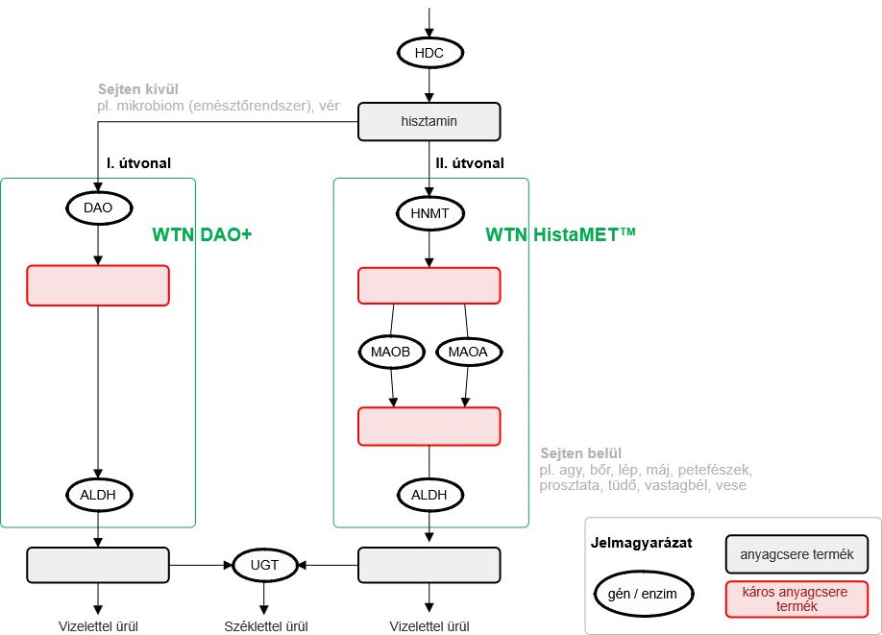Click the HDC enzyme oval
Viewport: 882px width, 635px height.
[429, 53]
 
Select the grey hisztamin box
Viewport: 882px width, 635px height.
[429, 122]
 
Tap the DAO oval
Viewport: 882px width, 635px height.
[98, 208]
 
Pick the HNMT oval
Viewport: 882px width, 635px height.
[429, 213]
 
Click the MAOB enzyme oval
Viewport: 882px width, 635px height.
[391, 352]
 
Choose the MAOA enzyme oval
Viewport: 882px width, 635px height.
[468, 352]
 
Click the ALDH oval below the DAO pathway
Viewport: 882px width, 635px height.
[98, 495]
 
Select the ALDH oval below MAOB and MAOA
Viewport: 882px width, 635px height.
[429, 495]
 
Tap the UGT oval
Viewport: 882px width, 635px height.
[264, 565]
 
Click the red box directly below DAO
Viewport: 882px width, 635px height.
[98, 285]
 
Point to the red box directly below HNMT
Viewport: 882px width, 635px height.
[429, 285]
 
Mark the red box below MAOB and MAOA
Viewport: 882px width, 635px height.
[429, 427]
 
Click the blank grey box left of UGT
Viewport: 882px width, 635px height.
[98, 565]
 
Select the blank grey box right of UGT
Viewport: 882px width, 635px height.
[429, 565]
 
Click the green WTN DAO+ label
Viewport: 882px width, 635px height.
[202, 234]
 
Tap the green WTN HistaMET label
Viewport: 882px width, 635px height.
[560, 233]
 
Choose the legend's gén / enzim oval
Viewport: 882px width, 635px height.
[642, 594]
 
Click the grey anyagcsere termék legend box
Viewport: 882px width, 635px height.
[796, 554]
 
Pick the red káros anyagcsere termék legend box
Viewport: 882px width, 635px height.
[796, 598]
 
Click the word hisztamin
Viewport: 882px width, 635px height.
[429, 122]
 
